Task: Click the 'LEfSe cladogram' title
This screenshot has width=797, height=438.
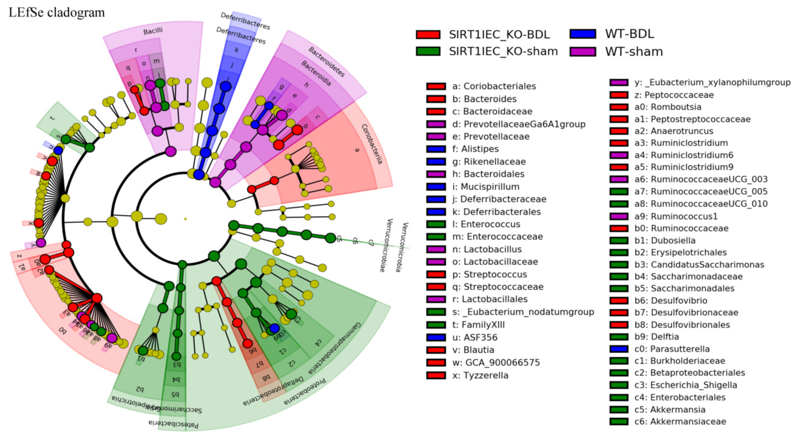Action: coord(57,13)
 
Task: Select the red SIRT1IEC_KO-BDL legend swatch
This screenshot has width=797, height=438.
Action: coord(428,34)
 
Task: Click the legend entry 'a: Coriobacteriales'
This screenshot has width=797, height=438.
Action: coord(494,86)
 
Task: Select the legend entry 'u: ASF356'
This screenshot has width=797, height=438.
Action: coord(480,337)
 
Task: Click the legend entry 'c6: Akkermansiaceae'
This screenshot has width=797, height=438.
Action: coord(680,421)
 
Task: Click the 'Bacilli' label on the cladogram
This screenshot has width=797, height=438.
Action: coord(153,31)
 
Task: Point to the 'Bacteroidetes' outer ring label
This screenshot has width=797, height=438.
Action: coord(326,62)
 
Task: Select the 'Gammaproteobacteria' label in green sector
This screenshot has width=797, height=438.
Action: coord(335,348)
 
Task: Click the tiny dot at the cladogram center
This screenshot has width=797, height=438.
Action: coord(185,219)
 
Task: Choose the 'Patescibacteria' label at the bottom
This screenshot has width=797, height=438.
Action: coord(173,424)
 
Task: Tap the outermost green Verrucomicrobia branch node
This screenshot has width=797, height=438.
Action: coord(330,238)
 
